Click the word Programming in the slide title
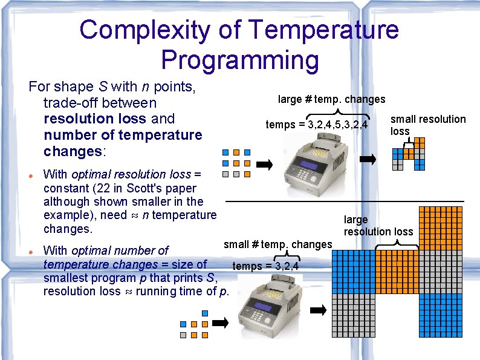240,60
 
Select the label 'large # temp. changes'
331,99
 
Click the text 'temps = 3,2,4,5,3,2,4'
317,125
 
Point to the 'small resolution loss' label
427,125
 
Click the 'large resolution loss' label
378,226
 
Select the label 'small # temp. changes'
277,244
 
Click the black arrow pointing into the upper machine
265,163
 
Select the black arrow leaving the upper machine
368,159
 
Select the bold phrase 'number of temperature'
123,135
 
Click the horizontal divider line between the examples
344,200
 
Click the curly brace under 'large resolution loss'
397,244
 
